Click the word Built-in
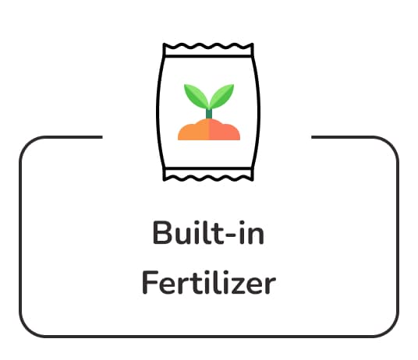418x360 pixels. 208,232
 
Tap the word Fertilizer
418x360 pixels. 209,282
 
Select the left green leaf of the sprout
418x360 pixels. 197,95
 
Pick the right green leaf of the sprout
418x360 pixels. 221,95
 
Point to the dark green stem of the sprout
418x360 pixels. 209,114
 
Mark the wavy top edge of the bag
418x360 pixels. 208,46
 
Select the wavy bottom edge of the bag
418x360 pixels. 208,178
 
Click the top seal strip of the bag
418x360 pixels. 208,51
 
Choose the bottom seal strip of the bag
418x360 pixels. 208,175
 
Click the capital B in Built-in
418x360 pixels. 161,232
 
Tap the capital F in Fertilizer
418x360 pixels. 150,282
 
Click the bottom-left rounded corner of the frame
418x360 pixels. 28,328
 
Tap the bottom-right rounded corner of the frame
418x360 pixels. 390,328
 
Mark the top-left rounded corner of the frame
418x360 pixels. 28,145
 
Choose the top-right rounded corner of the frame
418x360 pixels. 390,145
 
